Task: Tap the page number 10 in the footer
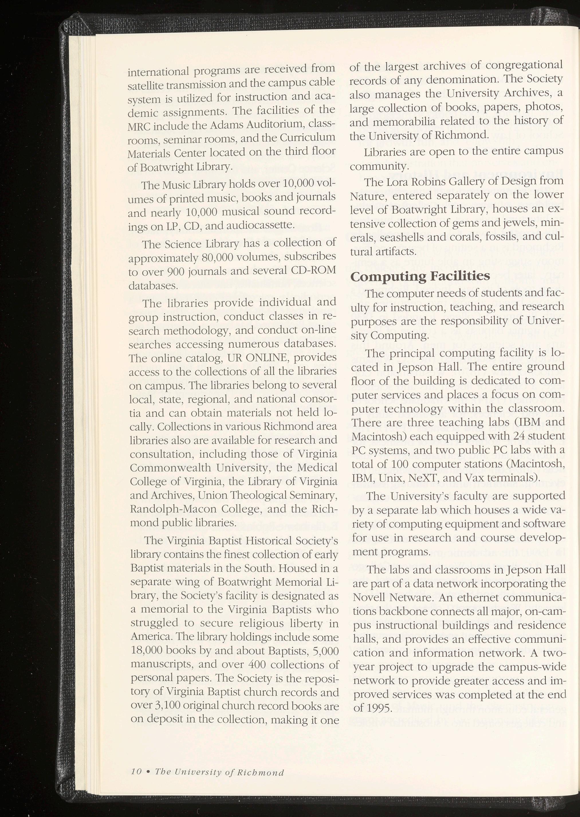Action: [x=137, y=770]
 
